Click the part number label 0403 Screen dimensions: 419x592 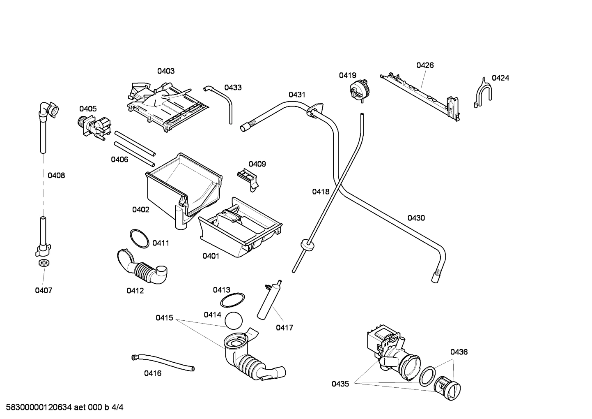(x=166, y=71)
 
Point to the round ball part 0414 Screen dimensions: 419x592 (x=234, y=320)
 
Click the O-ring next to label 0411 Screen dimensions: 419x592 (x=139, y=238)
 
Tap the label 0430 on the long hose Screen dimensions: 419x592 (x=416, y=218)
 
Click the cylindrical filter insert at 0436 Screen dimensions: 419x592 (x=448, y=387)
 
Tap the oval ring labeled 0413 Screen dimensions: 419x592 (x=232, y=300)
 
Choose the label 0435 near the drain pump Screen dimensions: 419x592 (x=340, y=384)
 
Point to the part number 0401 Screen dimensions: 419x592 (x=211, y=256)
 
